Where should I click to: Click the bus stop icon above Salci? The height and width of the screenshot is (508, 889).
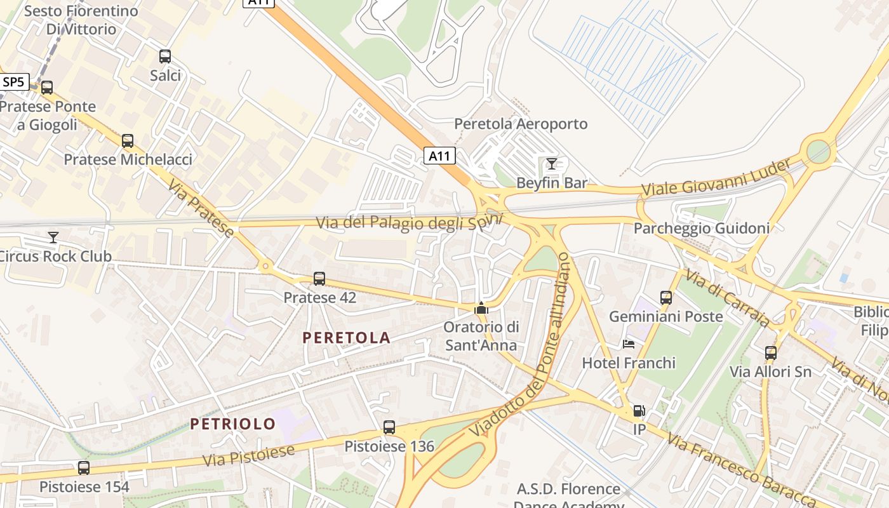[165, 57]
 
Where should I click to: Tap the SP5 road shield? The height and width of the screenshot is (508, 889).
[13, 82]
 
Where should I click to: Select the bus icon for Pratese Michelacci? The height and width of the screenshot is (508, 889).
[128, 141]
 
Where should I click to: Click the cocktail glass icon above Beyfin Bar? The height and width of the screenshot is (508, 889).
[552, 164]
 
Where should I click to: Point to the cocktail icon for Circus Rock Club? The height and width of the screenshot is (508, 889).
[53, 237]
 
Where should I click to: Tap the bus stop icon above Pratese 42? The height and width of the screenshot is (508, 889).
[319, 279]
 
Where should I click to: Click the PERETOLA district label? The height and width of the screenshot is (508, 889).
[346, 338]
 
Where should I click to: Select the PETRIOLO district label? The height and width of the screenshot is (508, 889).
[233, 424]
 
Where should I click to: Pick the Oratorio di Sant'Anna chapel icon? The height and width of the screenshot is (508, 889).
[481, 309]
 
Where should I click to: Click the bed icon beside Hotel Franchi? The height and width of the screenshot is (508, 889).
[629, 344]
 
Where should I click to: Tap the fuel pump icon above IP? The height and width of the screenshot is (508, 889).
[639, 411]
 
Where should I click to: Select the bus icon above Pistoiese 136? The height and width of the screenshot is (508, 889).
[389, 428]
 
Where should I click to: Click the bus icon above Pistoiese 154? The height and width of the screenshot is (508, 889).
[84, 468]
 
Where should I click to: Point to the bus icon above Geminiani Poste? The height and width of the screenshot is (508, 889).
[666, 297]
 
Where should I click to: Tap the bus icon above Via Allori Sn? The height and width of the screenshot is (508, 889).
[771, 353]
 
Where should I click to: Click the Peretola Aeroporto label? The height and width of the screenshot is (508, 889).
[521, 124]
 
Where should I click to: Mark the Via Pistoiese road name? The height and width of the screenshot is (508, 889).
[249, 455]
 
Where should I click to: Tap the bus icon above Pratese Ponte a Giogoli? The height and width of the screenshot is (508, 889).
[47, 88]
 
